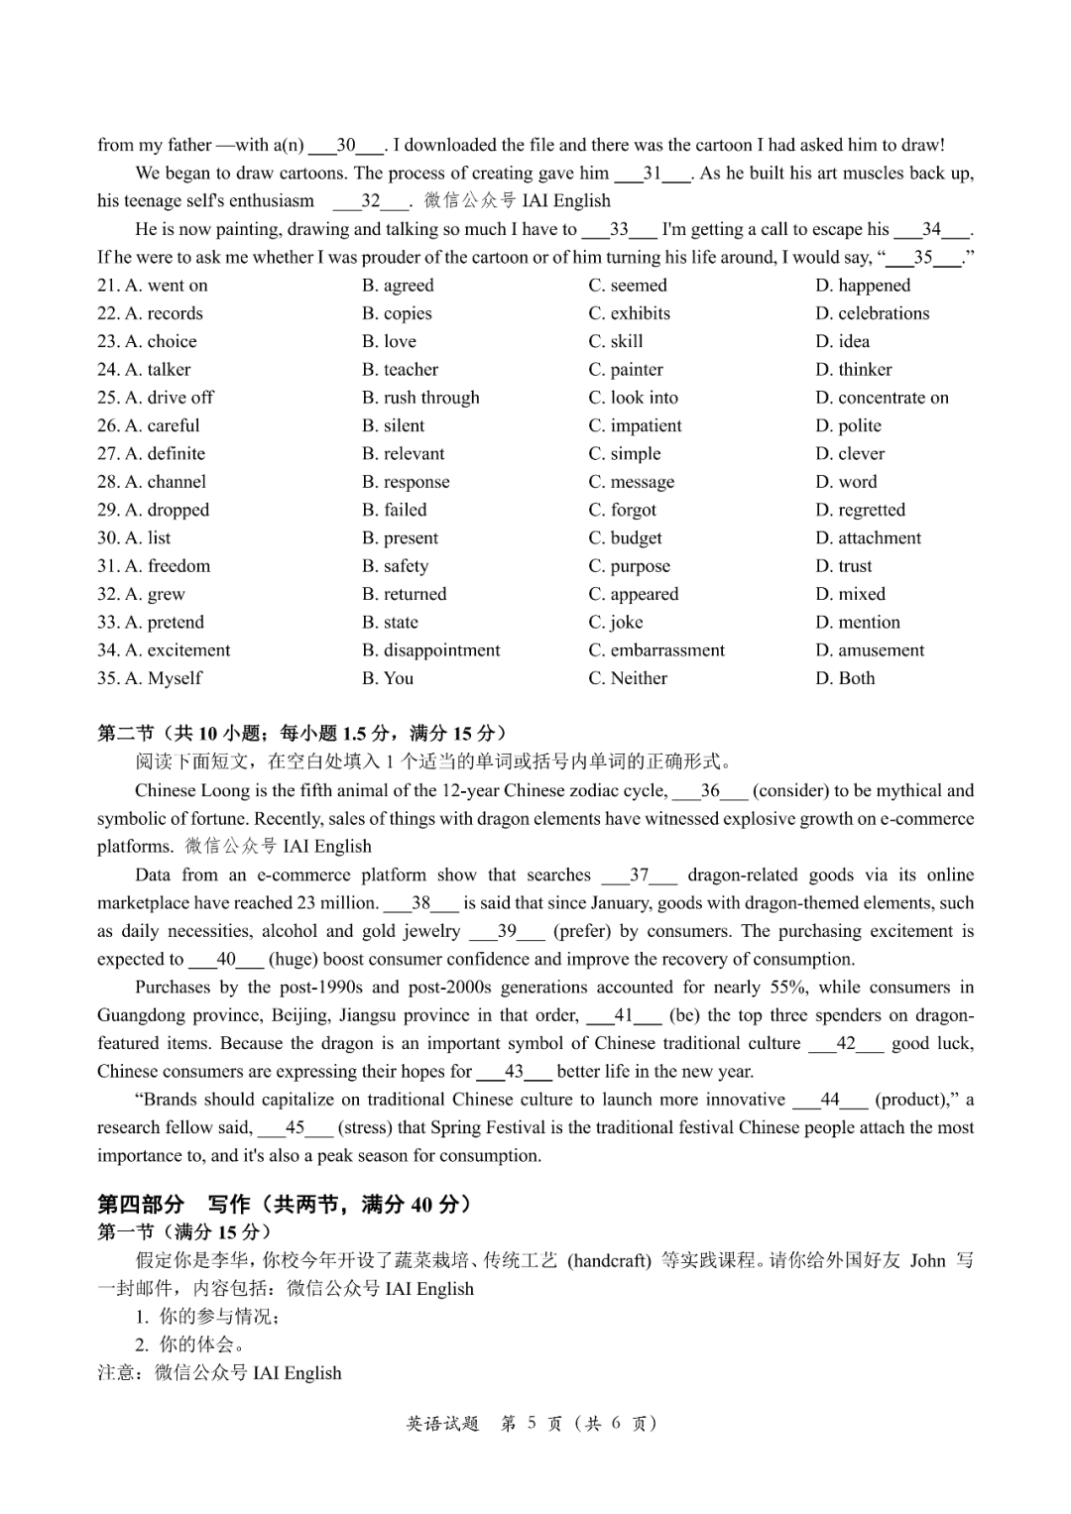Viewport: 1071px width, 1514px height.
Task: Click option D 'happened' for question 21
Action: click(x=862, y=286)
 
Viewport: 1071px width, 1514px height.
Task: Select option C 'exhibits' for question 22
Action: click(x=629, y=313)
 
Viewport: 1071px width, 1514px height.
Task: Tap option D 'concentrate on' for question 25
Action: click(x=882, y=398)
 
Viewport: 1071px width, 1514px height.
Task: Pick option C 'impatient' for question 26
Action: click(x=635, y=425)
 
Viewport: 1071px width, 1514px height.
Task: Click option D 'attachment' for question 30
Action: click(x=868, y=538)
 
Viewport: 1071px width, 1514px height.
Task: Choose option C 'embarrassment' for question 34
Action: click(x=655, y=650)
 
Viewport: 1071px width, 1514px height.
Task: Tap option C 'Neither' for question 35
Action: click(x=628, y=678)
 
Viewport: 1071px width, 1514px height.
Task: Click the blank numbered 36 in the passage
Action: click(x=710, y=791)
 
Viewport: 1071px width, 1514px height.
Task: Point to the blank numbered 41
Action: click(x=624, y=1015)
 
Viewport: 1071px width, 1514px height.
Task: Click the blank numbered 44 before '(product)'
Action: click(x=830, y=1100)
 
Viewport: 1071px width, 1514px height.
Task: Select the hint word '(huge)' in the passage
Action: click(x=293, y=960)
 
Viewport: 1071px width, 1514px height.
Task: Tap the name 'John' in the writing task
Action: click(x=927, y=1261)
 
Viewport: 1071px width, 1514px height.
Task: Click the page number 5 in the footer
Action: click(x=532, y=1424)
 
